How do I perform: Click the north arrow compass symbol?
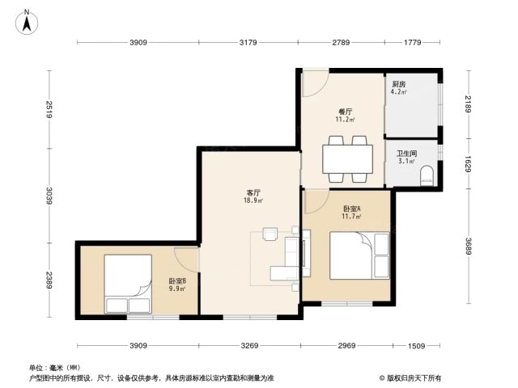[x=27, y=22]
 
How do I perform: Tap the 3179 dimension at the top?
[x=248, y=42]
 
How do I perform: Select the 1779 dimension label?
[x=413, y=42]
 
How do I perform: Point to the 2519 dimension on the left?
[x=49, y=110]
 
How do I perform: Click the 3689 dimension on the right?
[x=468, y=246]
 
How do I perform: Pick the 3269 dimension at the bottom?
[x=249, y=345]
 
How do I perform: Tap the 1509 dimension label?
[x=416, y=345]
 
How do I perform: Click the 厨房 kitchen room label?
[x=399, y=84]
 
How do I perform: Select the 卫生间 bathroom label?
[x=406, y=154]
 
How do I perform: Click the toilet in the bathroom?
[x=427, y=176]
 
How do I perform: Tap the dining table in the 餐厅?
[x=347, y=159]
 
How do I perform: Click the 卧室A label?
[x=352, y=209]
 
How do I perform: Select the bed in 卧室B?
[x=128, y=284]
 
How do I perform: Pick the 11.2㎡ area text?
[x=346, y=120]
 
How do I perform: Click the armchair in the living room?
[x=270, y=234]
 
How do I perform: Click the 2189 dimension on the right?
[x=468, y=104]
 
